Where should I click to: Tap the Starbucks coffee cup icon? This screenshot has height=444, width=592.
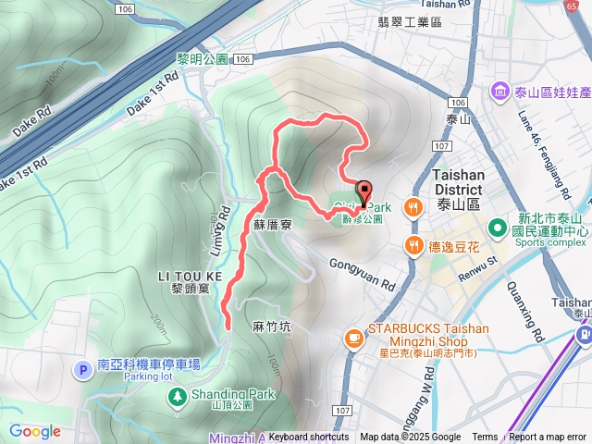click(352, 339)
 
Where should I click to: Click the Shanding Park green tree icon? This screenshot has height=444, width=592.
click(176, 397)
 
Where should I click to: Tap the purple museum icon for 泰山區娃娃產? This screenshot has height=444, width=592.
click(499, 91)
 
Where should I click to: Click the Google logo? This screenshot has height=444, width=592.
click(34, 431)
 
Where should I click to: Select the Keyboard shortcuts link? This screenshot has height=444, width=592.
click(309, 438)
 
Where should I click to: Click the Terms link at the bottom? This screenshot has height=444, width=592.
click(485, 438)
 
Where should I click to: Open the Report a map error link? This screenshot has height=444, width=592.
click(548, 438)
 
